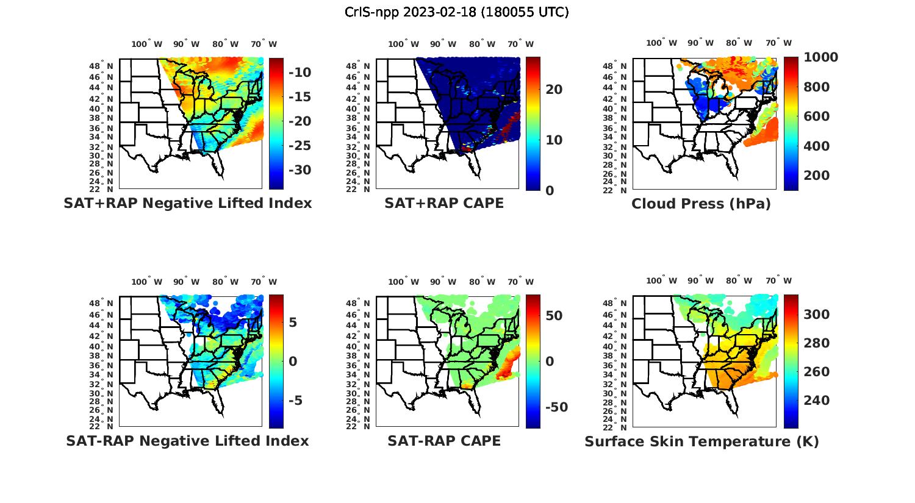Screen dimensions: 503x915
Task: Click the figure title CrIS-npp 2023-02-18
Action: coord(456,12)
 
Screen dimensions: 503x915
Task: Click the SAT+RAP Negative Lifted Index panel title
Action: coord(188,203)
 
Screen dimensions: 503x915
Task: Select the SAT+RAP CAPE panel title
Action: coord(444,203)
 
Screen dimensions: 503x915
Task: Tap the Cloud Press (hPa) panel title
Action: coord(701,204)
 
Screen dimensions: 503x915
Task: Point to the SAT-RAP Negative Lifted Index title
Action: coord(188,441)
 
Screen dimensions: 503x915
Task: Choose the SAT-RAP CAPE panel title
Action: coord(444,441)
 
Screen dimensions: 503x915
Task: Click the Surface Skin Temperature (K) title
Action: coord(701,441)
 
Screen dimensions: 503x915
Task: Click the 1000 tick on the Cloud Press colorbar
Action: coord(820,57)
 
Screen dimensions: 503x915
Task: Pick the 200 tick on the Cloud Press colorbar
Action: coord(817,176)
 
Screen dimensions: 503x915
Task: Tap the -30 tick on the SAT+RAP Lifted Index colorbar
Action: coord(299,170)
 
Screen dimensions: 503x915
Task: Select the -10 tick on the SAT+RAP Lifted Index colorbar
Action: coord(299,73)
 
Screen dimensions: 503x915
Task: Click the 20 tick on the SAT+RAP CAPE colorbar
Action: coord(554,90)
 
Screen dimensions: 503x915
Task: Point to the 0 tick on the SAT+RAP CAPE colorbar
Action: coord(550,190)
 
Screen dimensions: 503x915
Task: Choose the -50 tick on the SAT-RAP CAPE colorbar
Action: coord(556,407)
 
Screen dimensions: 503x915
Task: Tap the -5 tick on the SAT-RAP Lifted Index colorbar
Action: coord(295,401)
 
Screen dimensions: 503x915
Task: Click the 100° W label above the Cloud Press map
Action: coord(662,43)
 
